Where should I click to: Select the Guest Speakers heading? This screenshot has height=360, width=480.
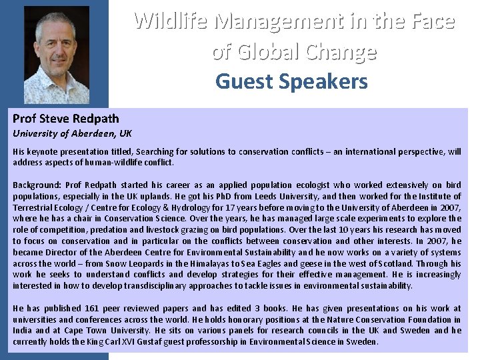pyautogui.click(x=291, y=81)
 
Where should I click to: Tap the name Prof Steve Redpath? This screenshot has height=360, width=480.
pyautogui.click(x=66, y=119)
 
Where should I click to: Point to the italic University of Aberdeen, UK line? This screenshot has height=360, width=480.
pyautogui.click(x=72, y=133)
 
